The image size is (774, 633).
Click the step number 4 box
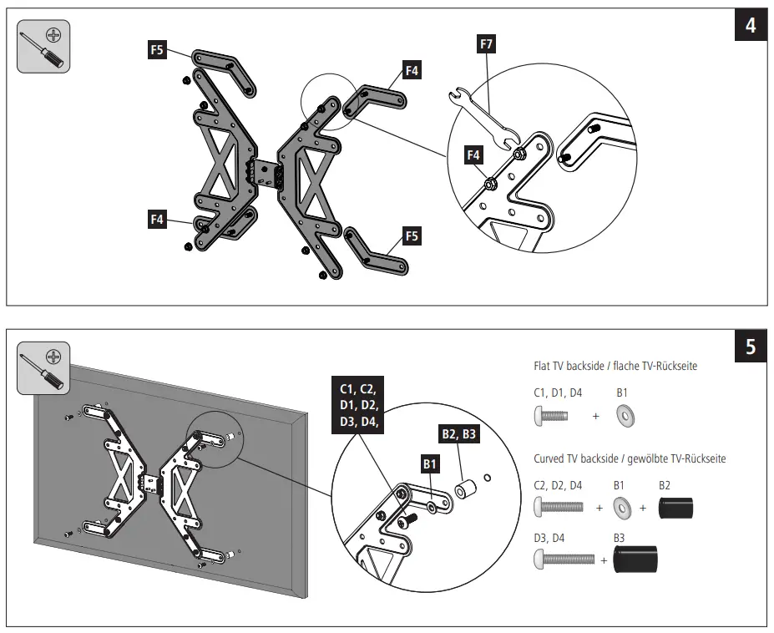coord(750,26)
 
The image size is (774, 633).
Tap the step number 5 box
coord(750,346)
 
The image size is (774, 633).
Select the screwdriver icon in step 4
coord(43,47)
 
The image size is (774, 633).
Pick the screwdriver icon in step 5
coord(43,367)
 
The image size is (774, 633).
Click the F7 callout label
coord(487,43)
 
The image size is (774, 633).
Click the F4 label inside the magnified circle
coord(473,154)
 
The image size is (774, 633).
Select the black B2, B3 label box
coord(458,433)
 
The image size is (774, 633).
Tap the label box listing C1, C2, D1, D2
coord(359,405)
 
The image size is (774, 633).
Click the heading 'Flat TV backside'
coord(615,366)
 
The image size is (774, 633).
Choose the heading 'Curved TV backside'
coord(630,458)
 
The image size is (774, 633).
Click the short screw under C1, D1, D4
coord(550,415)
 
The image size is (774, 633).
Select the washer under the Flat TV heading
coord(622,415)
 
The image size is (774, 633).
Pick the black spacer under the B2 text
coord(675,507)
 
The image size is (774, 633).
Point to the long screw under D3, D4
coord(564,559)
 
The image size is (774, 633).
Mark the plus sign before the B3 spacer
coord(603,560)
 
